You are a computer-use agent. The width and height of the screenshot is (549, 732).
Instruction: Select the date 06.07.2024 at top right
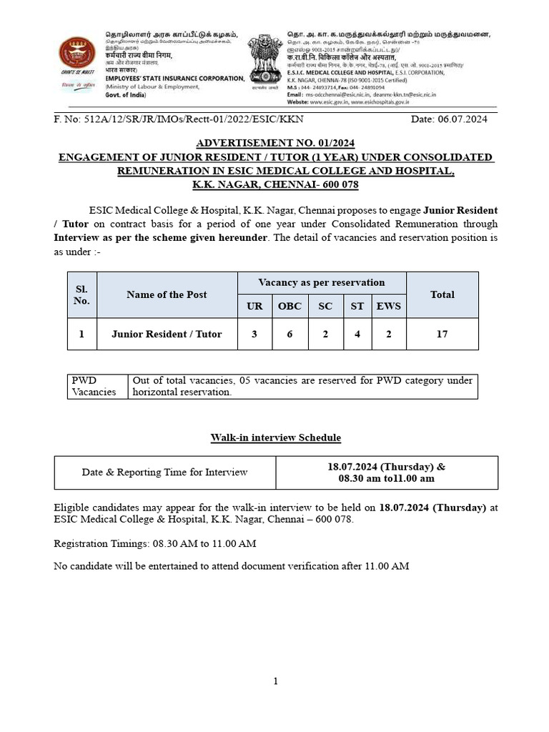[449, 119]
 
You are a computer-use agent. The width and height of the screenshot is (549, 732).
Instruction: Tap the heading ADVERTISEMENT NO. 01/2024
[275, 143]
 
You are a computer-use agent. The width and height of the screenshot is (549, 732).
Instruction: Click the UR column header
[254, 306]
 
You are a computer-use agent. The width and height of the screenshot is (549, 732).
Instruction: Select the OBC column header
[290, 306]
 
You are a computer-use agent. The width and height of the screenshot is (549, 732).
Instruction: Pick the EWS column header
[389, 306]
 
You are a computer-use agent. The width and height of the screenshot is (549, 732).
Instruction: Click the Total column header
[442, 295]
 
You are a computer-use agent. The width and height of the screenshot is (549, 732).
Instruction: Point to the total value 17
[442, 334]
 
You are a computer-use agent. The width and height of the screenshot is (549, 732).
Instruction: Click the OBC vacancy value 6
[290, 334]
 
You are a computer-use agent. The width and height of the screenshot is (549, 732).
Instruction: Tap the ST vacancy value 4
[357, 334]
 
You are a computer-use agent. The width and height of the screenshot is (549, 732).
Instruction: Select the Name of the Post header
[167, 295]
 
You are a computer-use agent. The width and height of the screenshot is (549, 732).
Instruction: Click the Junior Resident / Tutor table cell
[167, 334]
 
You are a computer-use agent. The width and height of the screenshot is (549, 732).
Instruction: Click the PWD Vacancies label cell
[97, 386]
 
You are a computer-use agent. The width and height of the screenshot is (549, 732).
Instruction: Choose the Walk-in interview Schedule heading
[275, 437]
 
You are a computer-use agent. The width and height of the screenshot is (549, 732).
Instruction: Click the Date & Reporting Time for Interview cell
[164, 472]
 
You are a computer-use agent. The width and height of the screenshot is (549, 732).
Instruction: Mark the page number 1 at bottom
[275, 681]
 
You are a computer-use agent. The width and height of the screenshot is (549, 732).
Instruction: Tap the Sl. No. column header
[81, 295]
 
